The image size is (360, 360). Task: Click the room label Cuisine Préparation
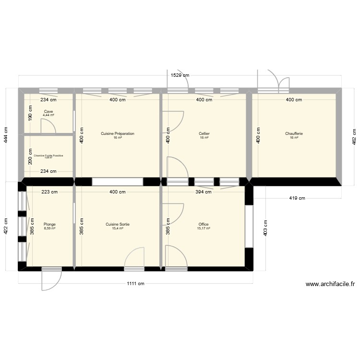click(x=117, y=133)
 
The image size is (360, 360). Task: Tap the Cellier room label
click(x=204, y=133)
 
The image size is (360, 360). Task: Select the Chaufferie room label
click(x=294, y=133)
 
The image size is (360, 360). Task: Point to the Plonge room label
click(x=49, y=224)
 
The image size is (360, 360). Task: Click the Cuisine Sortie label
click(x=118, y=224)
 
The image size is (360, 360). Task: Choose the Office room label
click(x=204, y=224)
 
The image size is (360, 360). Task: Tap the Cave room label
click(x=48, y=111)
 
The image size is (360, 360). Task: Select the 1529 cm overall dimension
click(x=180, y=75)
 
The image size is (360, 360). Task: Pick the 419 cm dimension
click(x=294, y=198)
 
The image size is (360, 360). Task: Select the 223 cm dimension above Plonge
click(x=49, y=192)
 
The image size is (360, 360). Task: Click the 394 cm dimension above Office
click(x=204, y=192)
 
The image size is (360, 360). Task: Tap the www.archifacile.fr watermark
click(x=330, y=284)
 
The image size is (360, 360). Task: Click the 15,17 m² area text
click(x=204, y=228)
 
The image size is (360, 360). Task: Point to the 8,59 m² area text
click(x=49, y=228)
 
